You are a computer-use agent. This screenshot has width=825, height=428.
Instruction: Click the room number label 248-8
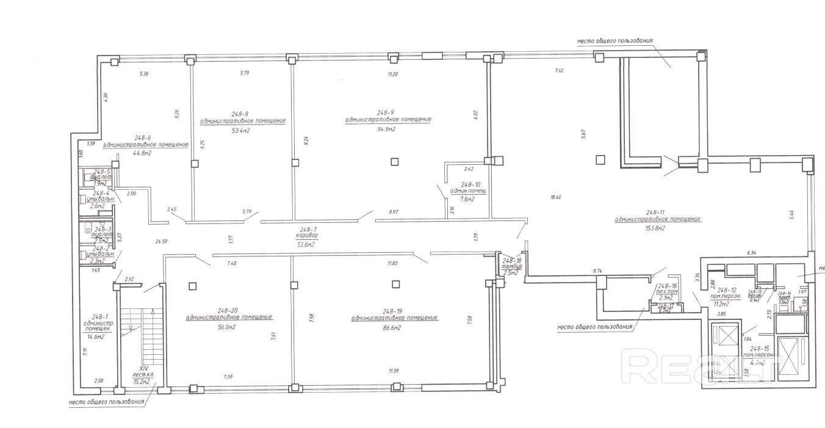click(240, 114)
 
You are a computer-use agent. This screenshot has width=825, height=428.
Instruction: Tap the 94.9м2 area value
click(386, 129)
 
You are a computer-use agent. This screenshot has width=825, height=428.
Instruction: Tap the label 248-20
click(228, 309)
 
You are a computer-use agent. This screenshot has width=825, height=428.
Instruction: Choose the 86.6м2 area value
click(394, 328)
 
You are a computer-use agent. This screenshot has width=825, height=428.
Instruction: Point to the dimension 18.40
click(555, 197)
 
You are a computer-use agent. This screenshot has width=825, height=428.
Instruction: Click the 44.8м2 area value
click(142, 153)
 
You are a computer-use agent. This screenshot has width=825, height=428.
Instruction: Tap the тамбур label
click(510, 266)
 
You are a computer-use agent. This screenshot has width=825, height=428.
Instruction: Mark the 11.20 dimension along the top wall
click(392, 74)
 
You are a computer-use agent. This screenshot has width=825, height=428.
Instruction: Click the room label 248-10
click(470, 184)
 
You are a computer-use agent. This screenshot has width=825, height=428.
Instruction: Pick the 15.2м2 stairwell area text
click(143, 382)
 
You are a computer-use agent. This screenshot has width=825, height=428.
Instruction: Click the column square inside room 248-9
click(395, 162)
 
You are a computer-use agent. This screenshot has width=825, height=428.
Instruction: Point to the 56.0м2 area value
click(229, 327)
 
